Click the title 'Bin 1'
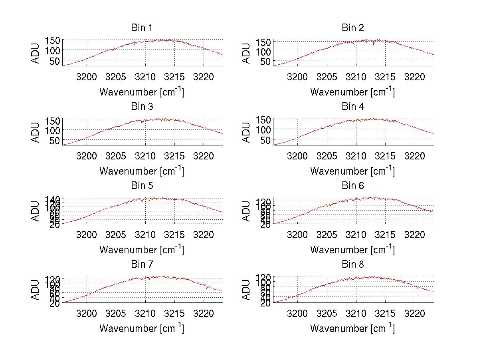[x=142, y=28]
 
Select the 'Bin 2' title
[x=353, y=28]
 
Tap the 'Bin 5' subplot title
[x=142, y=186]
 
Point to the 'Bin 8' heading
[x=353, y=265]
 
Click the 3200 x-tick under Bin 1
[x=87, y=77]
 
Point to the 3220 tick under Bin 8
[x=414, y=313]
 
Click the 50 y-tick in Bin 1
[x=55, y=61]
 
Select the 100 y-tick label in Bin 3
[x=52, y=130]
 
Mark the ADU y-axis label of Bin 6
[x=247, y=211]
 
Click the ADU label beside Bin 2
[x=247, y=53]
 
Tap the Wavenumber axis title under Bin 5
[x=142, y=250]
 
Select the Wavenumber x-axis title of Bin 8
[x=353, y=328]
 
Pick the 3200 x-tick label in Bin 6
[x=297, y=235]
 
